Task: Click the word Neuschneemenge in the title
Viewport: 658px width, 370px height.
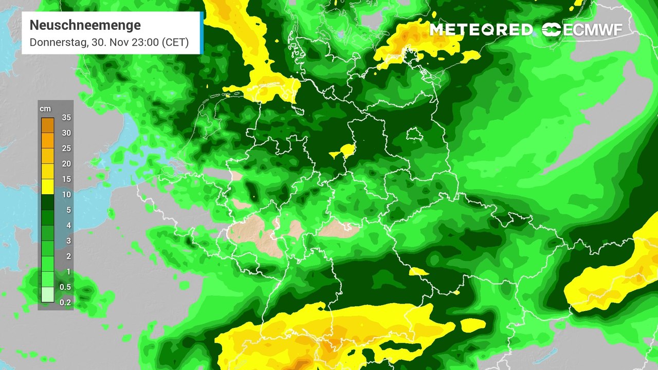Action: (x=85, y=25)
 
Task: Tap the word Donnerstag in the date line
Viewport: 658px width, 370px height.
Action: (x=57, y=43)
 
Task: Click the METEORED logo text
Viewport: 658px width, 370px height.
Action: (x=481, y=30)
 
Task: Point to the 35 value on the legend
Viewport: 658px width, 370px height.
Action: (x=66, y=118)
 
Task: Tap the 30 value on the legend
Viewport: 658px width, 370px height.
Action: (x=66, y=133)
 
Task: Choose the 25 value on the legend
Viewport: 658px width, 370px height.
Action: (x=66, y=149)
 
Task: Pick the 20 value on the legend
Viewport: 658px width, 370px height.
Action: (x=66, y=164)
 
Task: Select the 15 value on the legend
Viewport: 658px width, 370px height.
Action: (x=66, y=179)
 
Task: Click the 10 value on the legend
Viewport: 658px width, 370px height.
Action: (x=66, y=195)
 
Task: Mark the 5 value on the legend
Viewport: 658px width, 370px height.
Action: (x=68, y=210)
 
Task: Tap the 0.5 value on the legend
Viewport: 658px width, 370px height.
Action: (x=65, y=287)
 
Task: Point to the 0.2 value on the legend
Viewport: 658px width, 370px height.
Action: (x=65, y=303)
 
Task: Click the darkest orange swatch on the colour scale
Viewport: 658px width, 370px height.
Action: (x=47, y=125)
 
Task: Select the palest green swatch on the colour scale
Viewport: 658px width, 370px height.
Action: (x=47, y=295)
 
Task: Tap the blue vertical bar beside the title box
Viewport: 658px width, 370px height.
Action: (x=202, y=33)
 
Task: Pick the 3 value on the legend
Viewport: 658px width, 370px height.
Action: (x=68, y=241)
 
